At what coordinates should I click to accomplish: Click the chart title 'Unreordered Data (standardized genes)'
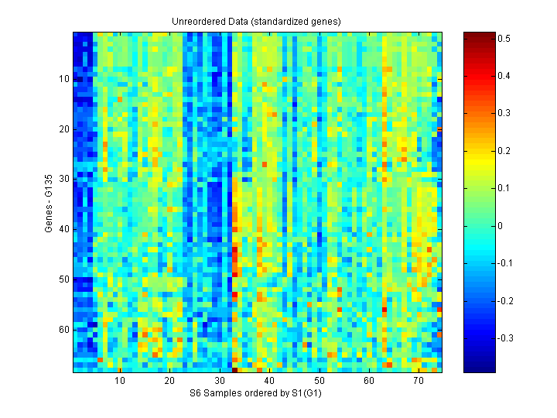coord(256,21)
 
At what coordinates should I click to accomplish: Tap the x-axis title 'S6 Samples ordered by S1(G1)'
coord(256,395)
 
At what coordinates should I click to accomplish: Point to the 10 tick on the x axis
coord(120,382)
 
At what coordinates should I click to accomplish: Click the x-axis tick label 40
coord(269,382)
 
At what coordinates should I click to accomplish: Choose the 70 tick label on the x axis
coord(419,382)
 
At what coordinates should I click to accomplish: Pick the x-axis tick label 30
coord(220,382)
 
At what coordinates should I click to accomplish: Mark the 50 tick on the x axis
coord(319,382)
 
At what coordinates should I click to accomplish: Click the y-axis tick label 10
coord(64,79)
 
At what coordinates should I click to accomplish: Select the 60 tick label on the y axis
coord(64,330)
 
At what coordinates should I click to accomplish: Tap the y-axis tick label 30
coord(64,179)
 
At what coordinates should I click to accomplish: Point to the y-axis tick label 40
coord(64,229)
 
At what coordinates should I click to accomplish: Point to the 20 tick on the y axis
coord(64,129)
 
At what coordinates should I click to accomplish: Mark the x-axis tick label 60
coord(369,382)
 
